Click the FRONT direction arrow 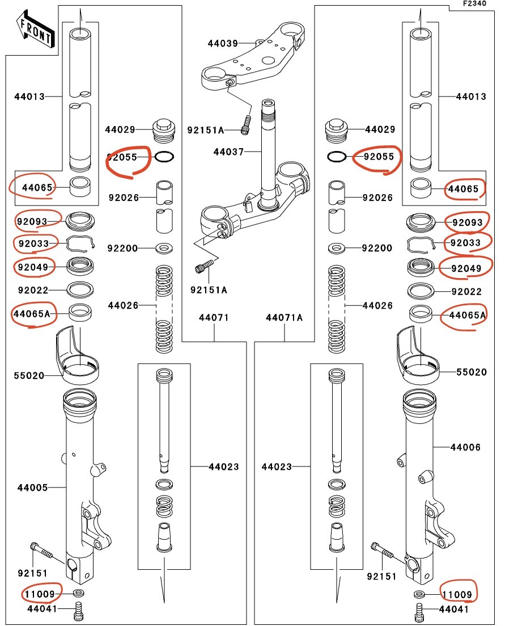coord(36,30)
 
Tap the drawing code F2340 coord(474,3)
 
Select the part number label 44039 coord(223,43)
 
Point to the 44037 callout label coord(228,152)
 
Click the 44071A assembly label coord(284,318)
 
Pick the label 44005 coord(32,488)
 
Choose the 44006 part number coord(465,447)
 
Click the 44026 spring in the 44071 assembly coord(163,309)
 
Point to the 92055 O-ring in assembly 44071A coord(337,157)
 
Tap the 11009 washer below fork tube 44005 coord(79,592)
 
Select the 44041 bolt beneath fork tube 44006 coord(419,612)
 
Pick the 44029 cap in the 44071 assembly coord(163,130)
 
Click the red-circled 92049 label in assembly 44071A coord(466,268)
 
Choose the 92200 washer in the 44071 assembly coord(163,249)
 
